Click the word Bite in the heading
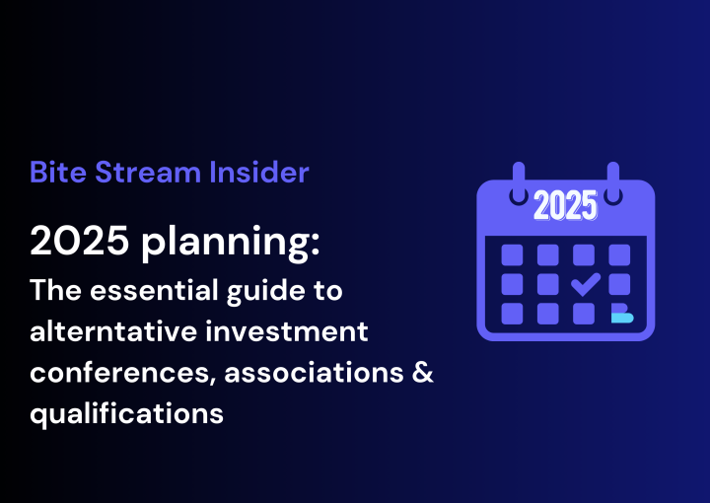(x=58, y=172)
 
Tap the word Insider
(x=259, y=172)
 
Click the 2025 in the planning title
(x=79, y=241)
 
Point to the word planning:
(x=231, y=244)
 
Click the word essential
(x=155, y=290)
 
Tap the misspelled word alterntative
(x=113, y=331)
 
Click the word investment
(x=287, y=331)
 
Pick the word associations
(x=314, y=373)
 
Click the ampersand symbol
(x=423, y=373)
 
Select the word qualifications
(x=127, y=414)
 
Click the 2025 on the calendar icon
(x=566, y=205)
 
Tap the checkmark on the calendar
(x=586, y=284)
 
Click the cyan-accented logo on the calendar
(x=621, y=314)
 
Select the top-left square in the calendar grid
(x=512, y=254)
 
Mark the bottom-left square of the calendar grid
(x=512, y=314)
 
